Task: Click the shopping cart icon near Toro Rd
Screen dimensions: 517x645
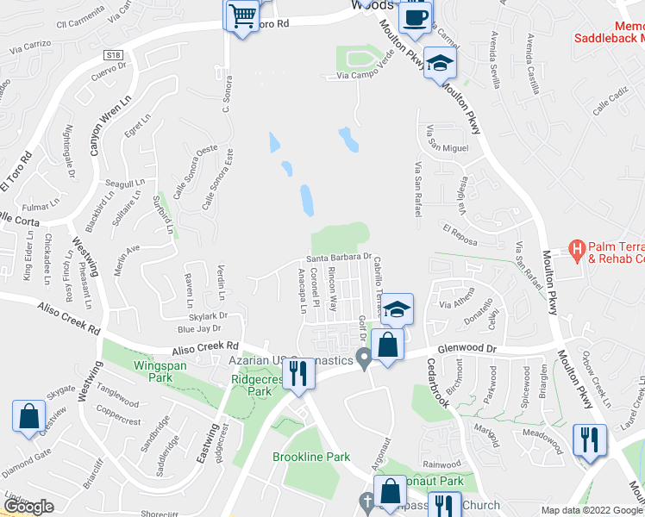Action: click(x=242, y=16)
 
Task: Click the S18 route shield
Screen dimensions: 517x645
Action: click(x=113, y=54)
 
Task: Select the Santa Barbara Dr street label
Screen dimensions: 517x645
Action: click(x=339, y=257)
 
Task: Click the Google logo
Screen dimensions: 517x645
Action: click(x=28, y=507)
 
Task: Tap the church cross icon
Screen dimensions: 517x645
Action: click(x=366, y=501)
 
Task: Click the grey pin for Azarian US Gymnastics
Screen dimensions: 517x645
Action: click(x=365, y=358)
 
